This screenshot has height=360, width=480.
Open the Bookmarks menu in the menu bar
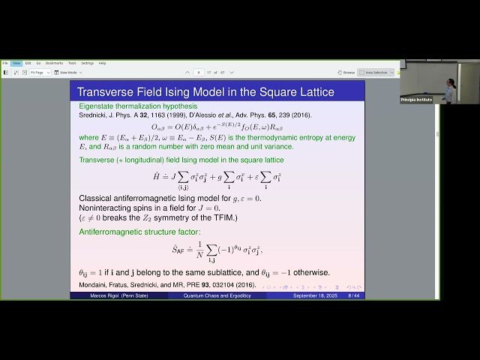tap(53, 63)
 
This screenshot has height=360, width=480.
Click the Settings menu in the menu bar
tap(87, 63)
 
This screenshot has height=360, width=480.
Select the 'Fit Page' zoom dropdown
tap(39, 72)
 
